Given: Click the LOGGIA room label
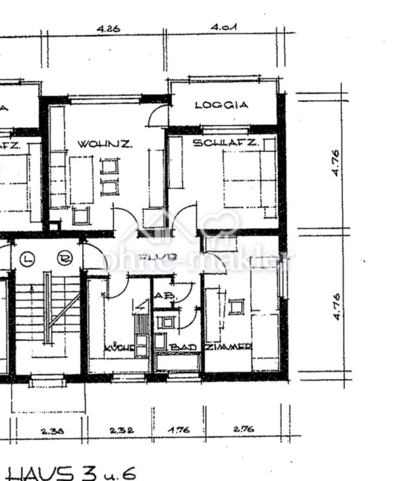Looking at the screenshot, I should (x=222, y=105).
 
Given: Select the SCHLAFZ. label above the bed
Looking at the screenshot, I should (x=225, y=143).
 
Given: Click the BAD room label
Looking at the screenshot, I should (x=183, y=347).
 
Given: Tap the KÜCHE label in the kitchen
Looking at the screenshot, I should (x=119, y=348).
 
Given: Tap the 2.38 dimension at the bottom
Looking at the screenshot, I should (x=51, y=431).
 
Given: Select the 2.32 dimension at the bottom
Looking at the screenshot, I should (x=122, y=431).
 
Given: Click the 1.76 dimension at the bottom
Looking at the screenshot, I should (x=179, y=431).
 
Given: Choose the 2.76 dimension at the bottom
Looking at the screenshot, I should (x=243, y=430).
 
